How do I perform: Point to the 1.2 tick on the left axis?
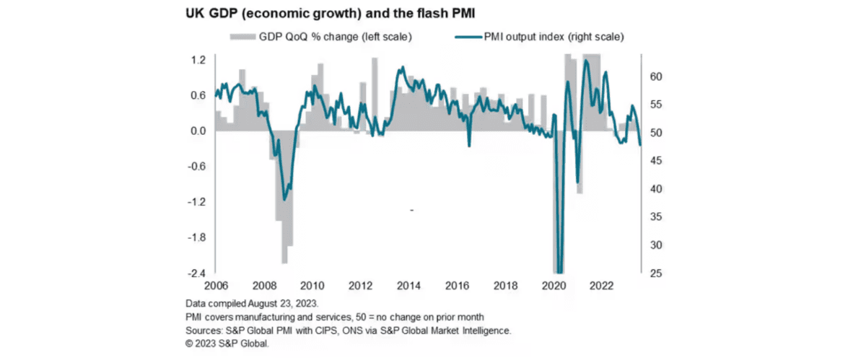point(198,59)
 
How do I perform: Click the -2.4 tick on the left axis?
point(197,273)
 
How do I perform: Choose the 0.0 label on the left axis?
point(198,131)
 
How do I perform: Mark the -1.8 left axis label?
point(197,237)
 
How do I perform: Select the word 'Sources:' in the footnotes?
point(204,331)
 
